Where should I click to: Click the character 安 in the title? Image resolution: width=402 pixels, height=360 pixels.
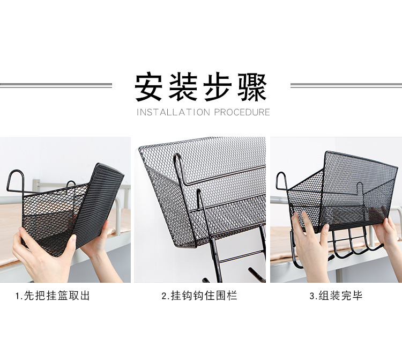pos(148,87)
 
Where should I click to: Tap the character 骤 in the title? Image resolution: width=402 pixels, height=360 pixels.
pos(252,87)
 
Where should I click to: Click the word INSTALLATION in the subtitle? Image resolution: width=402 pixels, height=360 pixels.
pos(173,112)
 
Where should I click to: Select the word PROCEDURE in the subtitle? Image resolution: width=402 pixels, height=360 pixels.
pos(242,112)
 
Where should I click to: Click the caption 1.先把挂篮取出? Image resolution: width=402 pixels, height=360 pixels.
pos(53,296)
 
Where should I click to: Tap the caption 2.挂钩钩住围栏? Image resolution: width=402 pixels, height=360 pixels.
pos(199,296)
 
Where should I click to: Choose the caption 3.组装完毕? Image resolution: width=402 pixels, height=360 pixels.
pos(336,296)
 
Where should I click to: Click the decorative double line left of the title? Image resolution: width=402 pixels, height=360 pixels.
pos(56,85)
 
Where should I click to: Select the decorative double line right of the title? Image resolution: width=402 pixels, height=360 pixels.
pos(346,85)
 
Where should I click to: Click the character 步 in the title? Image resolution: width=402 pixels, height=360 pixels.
pos(218,87)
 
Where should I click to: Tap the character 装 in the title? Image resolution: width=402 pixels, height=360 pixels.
pos(183,87)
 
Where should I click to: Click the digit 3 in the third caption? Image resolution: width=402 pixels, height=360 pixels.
pos(312,296)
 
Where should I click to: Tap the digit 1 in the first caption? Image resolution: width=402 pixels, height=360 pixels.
pos(18,296)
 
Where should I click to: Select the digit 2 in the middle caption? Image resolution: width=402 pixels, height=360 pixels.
pos(164,296)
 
